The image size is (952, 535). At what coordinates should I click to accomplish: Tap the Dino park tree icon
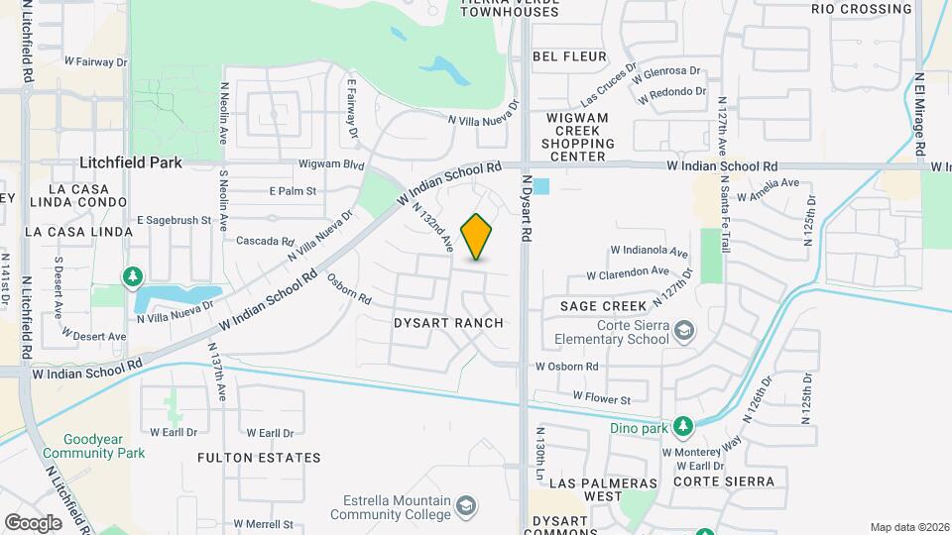[682, 426]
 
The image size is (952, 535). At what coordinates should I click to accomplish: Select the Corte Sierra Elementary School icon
[683, 330]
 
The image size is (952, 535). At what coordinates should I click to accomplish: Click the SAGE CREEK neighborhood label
[603, 306]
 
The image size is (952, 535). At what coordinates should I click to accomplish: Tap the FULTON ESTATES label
[259, 458]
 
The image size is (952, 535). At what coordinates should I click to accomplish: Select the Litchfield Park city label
[124, 161]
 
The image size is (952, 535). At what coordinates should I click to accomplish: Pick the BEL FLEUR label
[569, 56]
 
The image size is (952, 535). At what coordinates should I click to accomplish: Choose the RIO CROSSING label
[861, 9]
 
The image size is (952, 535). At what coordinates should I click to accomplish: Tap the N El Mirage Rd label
[920, 111]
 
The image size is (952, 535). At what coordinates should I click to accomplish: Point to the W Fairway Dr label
[96, 61]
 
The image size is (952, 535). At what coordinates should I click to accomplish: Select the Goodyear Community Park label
[104, 446]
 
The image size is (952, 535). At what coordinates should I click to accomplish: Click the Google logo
[33, 522]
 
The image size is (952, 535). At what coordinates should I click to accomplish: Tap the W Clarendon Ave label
[628, 272]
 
